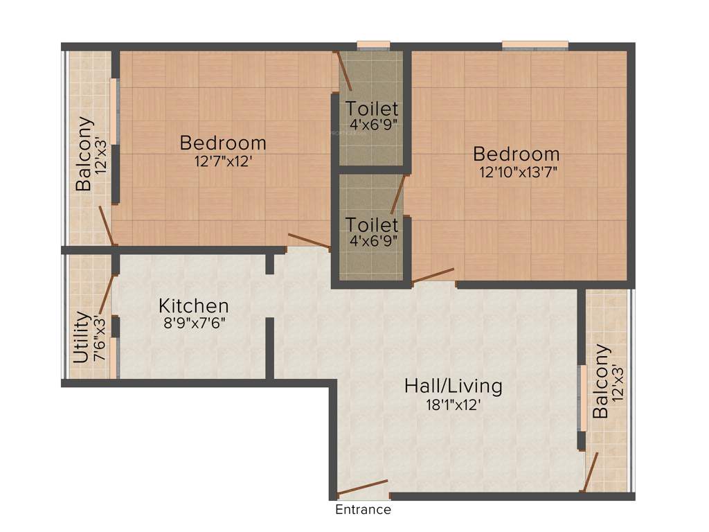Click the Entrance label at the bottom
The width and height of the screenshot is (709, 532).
tap(363, 510)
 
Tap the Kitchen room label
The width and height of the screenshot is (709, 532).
tap(194, 305)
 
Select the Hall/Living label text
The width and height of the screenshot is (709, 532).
tap(453, 386)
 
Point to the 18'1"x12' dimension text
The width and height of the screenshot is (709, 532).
tap(453, 405)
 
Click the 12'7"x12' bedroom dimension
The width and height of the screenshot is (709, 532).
tap(222, 162)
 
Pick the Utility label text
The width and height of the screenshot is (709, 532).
tap(82, 337)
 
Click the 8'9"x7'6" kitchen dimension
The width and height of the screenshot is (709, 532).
tap(194, 323)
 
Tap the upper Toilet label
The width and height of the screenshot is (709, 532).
tap(373, 109)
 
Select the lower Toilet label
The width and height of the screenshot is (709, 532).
tap(373, 225)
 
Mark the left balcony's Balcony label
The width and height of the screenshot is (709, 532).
tap(84, 154)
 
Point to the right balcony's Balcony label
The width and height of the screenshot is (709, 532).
tap(601, 382)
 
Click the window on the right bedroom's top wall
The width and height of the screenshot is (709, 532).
tap(535, 46)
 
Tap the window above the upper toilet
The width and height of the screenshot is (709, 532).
tap(373, 46)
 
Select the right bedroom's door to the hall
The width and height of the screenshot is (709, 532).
tap(433, 275)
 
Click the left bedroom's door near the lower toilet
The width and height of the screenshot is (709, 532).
tap(309, 240)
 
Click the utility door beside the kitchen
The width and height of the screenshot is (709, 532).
tap(107, 295)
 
